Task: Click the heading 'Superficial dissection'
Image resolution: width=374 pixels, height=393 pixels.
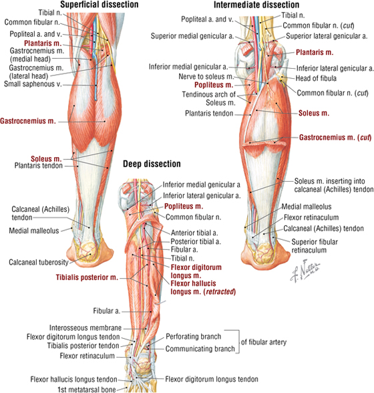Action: (100, 5)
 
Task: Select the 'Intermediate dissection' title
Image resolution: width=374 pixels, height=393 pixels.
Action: (256, 5)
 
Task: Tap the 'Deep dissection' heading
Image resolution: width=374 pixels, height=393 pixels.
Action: (152, 164)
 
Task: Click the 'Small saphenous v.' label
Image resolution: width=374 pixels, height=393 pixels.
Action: (33, 84)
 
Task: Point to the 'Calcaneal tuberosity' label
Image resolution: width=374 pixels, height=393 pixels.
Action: (39, 263)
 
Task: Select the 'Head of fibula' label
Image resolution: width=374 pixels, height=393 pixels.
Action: (316, 78)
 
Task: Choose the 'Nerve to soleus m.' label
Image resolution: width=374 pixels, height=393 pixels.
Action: (206, 76)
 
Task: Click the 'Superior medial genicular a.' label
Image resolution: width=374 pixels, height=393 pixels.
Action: (192, 36)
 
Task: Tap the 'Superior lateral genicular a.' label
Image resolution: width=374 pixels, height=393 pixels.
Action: (327, 36)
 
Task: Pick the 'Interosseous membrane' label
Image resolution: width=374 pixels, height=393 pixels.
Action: (85, 327)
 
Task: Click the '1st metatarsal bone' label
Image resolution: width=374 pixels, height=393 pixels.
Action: (87, 389)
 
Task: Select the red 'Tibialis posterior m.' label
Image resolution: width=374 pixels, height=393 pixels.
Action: (87, 277)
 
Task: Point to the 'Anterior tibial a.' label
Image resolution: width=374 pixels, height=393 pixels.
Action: (194, 233)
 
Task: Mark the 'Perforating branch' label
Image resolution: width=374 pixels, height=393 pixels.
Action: (194, 337)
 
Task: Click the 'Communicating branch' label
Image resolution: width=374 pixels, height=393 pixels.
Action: (200, 349)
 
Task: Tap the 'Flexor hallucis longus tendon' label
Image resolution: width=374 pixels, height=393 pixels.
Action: (74, 380)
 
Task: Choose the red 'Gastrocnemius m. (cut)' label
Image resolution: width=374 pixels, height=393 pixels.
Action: (335, 138)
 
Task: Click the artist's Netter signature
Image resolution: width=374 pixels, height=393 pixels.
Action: (305, 271)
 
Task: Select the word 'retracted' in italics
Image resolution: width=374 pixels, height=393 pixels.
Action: (220, 291)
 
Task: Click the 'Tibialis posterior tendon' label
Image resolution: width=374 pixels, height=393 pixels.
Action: (83, 346)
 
